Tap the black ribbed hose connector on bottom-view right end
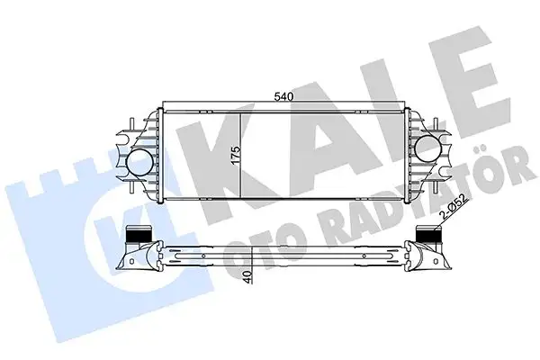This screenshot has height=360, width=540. (425, 238)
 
